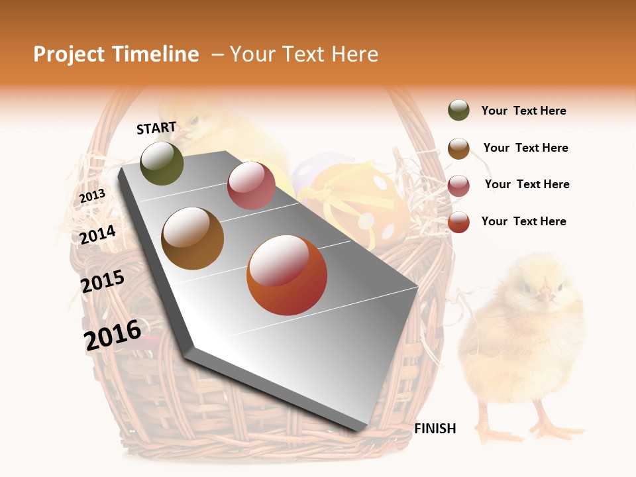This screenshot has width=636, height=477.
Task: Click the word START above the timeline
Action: pyautogui.click(x=156, y=128)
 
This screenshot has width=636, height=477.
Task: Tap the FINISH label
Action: pyautogui.click(x=435, y=429)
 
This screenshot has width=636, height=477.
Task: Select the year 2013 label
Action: pyautogui.click(x=92, y=196)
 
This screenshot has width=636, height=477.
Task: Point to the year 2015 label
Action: pyautogui.click(x=102, y=282)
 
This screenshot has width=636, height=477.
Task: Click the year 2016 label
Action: pyautogui.click(x=113, y=335)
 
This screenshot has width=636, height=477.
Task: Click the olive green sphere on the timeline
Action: pyautogui.click(x=162, y=163)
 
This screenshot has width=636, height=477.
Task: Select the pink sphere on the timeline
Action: pyautogui.click(x=251, y=185)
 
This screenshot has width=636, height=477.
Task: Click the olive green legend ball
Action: pyautogui.click(x=458, y=111)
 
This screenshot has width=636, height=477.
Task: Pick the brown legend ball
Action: pyautogui.click(x=458, y=148)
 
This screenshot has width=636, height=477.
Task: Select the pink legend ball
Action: pyautogui.click(x=458, y=185)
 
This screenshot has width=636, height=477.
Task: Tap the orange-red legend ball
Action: pyautogui.click(x=458, y=222)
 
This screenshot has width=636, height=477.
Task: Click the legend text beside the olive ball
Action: pyautogui.click(x=523, y=111)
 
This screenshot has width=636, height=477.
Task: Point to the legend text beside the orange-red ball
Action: pyautogui.click(x=523, y=221)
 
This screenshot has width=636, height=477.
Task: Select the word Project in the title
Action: pyautogui.click(x=70, y=54)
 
